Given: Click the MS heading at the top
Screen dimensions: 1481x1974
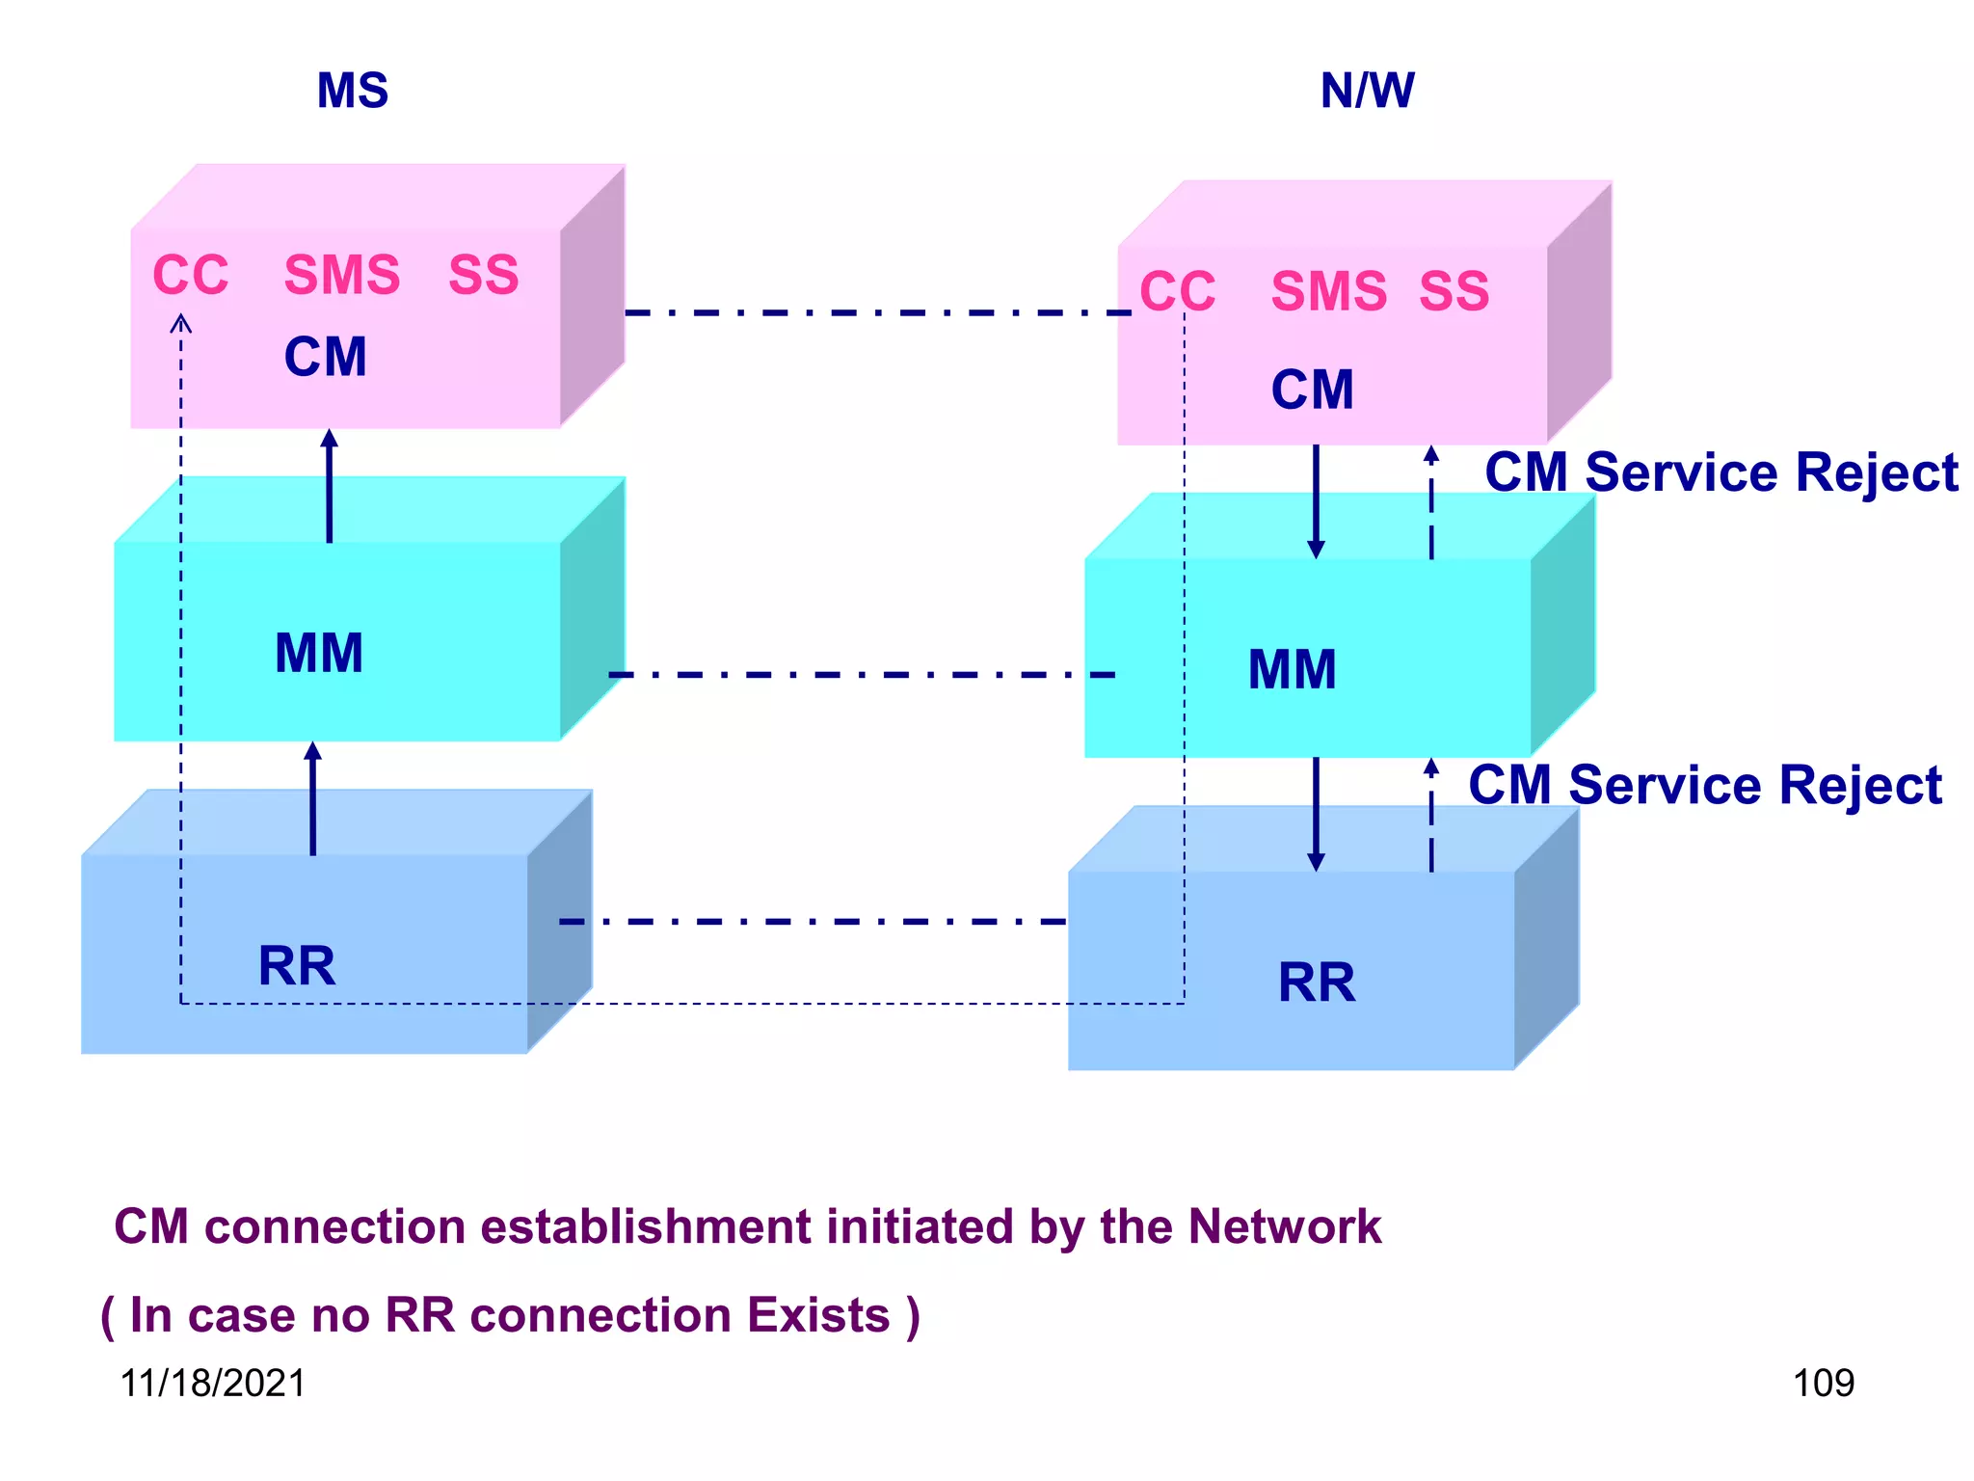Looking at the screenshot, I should (x=352, y=92).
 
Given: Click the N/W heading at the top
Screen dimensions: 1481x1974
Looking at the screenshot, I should (x=1366, y=92).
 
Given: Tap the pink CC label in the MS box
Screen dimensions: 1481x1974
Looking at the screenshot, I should (x=191, y=276).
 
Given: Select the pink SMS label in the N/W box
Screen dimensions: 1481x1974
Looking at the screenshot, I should (x=1328, y=292).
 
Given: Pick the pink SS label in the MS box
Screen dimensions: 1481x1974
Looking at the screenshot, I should (x=483, y=276).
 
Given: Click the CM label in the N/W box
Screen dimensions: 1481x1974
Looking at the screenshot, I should (x=1312, y=390).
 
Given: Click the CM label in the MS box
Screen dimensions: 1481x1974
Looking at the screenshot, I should (x=326, y=358).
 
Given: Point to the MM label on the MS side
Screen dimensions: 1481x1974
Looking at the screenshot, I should (x=319, y=654).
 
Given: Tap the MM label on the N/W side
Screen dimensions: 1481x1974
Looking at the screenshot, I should (x=1292, y=670).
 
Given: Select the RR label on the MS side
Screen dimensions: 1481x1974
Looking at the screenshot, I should (x=297, y=966).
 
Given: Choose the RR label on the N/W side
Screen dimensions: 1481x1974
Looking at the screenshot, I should (x=1316, y=983).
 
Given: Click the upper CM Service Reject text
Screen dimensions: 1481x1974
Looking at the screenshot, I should (x=1721, y=473).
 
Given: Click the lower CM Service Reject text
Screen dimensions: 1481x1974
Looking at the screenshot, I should (x=1704, y=786).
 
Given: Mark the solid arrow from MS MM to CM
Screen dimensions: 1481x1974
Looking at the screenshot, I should (x=330, y=487).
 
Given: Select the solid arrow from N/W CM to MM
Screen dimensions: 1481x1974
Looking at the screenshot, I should (x=1316, y=501).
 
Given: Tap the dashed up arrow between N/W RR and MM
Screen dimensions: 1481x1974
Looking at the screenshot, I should (x=1431, y=815).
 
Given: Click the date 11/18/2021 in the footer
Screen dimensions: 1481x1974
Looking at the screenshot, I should (x=212, y=1384).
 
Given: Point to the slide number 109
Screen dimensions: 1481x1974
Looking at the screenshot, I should (x=1823, y=1384).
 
